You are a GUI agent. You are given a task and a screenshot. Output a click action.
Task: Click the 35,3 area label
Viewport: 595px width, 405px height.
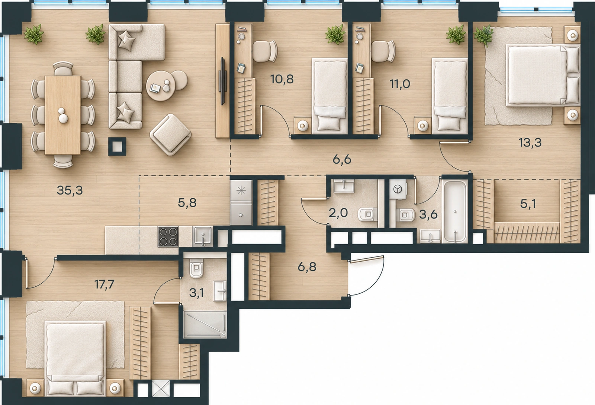70,190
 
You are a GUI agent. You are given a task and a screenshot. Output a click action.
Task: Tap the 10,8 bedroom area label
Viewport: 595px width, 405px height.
282,79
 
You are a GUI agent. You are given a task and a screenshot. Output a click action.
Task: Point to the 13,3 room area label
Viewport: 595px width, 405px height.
530,143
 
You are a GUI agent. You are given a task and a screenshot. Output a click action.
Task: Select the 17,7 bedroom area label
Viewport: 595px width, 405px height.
104,284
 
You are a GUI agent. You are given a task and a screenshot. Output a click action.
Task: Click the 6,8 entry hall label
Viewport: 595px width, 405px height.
307,267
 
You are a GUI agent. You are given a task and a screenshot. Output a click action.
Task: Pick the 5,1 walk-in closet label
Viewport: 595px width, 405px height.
528,204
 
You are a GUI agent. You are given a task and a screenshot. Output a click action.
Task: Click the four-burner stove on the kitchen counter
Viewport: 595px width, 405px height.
168,237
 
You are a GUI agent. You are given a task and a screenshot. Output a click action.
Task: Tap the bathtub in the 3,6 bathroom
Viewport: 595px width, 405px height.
455,211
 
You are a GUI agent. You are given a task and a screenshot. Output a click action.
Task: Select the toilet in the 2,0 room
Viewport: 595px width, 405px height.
367,214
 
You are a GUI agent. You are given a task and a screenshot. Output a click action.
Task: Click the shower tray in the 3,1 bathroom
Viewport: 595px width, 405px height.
205,325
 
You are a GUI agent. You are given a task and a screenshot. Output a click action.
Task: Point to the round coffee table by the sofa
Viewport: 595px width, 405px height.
161,86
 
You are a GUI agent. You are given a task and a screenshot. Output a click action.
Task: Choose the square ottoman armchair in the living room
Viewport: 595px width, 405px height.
170,134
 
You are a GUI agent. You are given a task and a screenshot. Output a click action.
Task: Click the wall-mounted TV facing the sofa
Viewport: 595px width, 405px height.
222,81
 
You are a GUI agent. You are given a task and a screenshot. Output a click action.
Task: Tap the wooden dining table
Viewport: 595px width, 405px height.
63,115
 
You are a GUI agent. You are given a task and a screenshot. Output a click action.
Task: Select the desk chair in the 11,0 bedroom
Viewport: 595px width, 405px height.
383,51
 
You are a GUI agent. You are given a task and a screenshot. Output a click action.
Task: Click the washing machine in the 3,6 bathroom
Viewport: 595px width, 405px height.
398,189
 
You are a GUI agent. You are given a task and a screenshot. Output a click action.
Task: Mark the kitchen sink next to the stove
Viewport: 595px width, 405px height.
203,236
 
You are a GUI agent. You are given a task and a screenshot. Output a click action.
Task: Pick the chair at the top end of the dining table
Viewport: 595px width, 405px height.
63,68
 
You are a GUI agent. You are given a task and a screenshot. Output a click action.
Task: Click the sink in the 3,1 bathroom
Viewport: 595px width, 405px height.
220,291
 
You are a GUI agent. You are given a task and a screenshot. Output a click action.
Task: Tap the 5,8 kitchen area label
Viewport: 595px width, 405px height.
187,203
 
